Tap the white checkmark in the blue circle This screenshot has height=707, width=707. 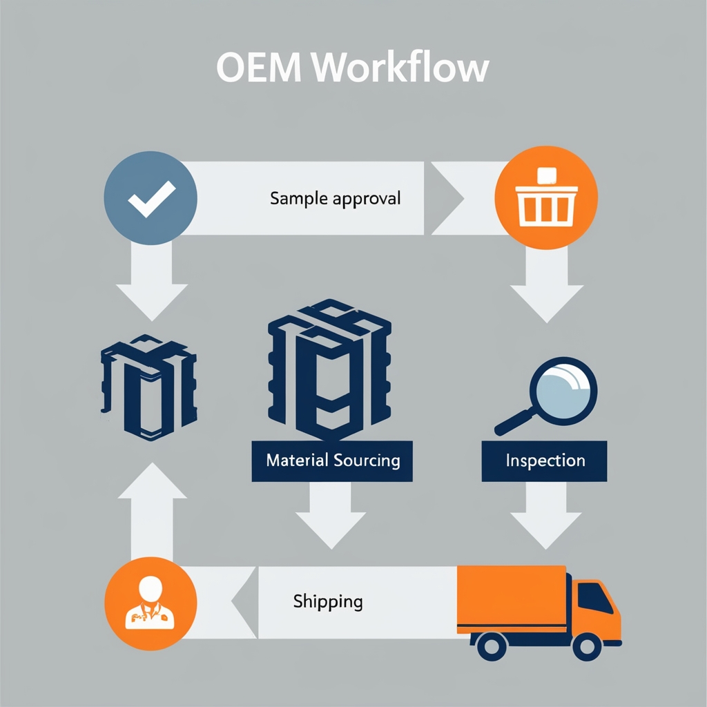point(151,200)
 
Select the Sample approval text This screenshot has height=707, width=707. point(335,199)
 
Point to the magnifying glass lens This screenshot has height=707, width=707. point(563,390)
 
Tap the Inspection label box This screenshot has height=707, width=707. point(545,461)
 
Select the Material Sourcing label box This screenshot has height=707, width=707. point(332,461)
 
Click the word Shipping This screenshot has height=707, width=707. point(327,601)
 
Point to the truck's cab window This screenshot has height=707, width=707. point(593,597)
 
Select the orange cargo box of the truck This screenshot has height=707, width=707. point(512,598)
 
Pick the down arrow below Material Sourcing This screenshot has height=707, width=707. point(331,518)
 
